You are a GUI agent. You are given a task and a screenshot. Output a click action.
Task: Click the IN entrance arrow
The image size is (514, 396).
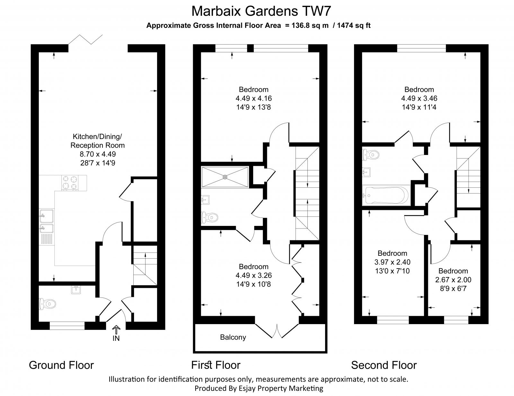pyautogui.click(x=116, y=330)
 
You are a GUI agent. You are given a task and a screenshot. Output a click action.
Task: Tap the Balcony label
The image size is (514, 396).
pyautogui.click(x=233, y=337)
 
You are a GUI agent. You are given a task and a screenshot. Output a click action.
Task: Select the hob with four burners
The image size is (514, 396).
pyautogui.click(x=70, y=183)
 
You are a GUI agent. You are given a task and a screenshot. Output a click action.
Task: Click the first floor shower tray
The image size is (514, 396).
pyautogui.click(x=225, y=176)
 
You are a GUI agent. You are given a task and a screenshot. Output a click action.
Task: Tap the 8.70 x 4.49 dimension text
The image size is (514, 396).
pyautogui.click(x=97, y=154)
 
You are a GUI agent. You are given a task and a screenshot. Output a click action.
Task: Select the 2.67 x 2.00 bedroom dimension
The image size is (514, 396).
pyautogui.click(x=453, y=280)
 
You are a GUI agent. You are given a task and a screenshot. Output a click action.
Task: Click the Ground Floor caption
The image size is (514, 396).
pyautogui.click(x=61, y=365)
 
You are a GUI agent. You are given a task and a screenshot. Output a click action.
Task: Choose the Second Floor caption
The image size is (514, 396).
pyautogui.click(x=384, y=365)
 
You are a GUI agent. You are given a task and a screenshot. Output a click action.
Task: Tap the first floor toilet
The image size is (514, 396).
pyautogui.click(x=209, y=218)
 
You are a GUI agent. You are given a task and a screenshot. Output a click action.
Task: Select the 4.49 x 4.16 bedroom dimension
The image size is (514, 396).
pyautogui.click(x=253, y=98)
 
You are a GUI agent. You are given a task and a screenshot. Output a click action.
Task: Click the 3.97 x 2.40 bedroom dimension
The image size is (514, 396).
pyautogui.click(x=392, y=262)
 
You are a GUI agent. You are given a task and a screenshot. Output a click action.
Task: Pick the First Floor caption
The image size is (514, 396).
pyautogui.click(x=216, y=365)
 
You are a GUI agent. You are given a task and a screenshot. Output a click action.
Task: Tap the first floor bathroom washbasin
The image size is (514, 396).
pyautogui.click(x=205, y=200)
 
